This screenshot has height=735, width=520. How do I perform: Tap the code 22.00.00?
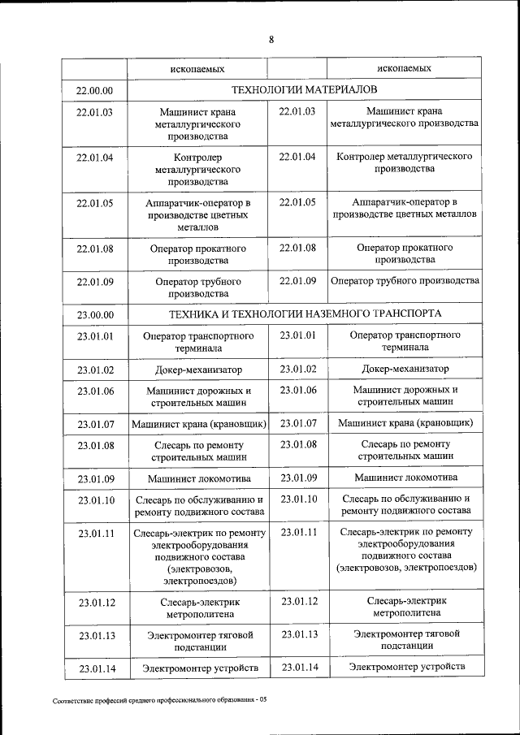click(x=94, y=89)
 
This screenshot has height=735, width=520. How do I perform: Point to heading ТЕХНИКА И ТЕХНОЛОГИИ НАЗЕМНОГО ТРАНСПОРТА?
click(x=305, y=313)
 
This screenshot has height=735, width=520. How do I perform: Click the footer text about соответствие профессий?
click(x=159, y=699)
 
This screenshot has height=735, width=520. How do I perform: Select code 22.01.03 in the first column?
click(x=94, y=112)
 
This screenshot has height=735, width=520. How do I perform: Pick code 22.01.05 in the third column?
click(x=297, y=202)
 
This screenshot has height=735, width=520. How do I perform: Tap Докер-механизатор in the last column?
click(x=404, y=370)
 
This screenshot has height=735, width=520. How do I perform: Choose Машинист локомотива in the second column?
click(x=199, y=478)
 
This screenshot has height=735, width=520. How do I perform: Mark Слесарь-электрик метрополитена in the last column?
click(x=404, y=608)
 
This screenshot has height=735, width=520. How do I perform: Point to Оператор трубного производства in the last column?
click(x=404, y=281)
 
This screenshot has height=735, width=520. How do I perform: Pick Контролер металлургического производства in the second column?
click(x=198, y=170)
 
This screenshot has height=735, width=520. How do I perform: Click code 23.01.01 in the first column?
click(x=96, y=335)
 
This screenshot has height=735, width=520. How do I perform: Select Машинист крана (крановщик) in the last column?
click(x=405, y=423)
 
